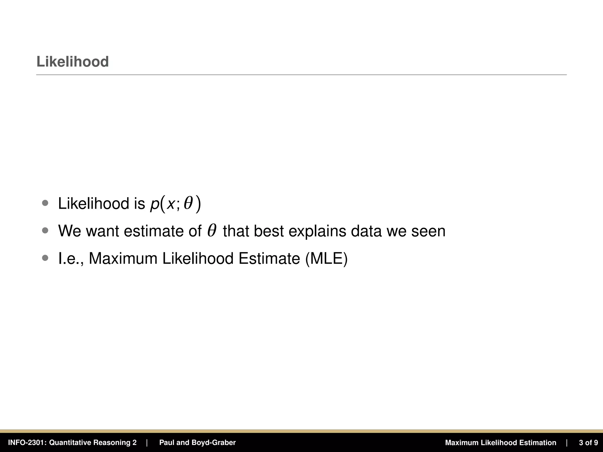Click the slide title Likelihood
pos(72,62)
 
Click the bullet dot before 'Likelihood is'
pos(45,203)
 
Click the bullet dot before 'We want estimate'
pos(45,230)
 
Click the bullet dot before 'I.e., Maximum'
pos(45,258)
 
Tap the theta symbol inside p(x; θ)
pos(188,203)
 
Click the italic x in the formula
pos(171,204)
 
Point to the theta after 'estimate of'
pos(212,230)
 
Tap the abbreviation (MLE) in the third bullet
pos(326,258)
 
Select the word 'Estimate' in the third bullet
pos(269,258)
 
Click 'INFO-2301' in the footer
pos(26,443)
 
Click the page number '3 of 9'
pos(588,443)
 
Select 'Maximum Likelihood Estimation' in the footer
pos(501,443)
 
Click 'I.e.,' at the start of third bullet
pos(71,258)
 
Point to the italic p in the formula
pos(155,205)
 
